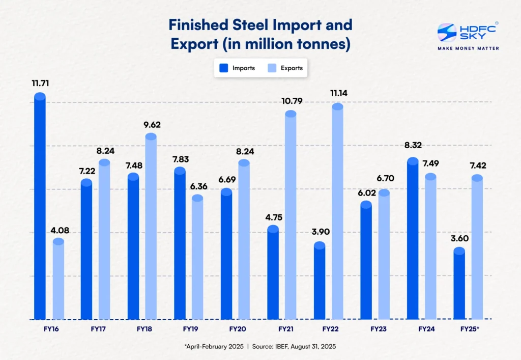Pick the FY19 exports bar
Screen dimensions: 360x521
click(197, 258)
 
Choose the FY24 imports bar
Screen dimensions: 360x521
click(413, 239)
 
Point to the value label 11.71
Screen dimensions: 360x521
click(40, 83)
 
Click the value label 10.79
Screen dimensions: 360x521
click(291, 101)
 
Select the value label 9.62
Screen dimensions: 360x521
click(151, 124)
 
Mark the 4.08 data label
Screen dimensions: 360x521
click(59, 230)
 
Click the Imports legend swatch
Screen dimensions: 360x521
click(223, 68)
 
